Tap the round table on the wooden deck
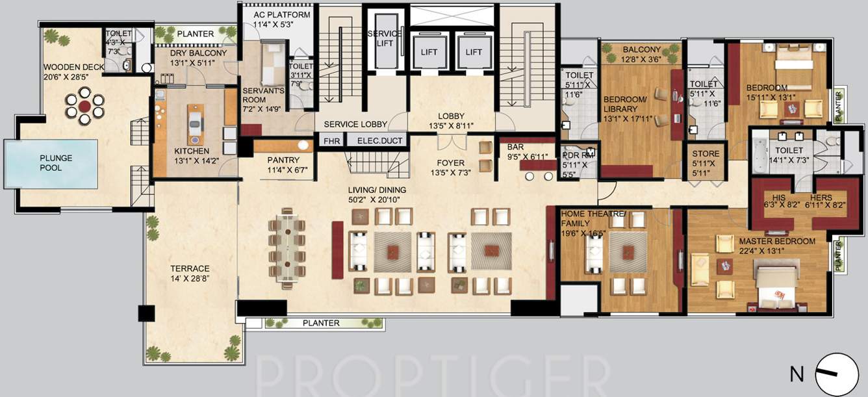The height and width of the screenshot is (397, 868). [84, 106]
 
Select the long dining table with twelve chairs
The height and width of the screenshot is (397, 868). [287, 245]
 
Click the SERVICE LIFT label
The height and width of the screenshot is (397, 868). [385, 38]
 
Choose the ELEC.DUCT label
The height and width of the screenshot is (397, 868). [374, 140]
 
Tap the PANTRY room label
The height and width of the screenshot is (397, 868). [283, 160]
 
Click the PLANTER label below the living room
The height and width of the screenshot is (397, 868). [321, 323]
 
